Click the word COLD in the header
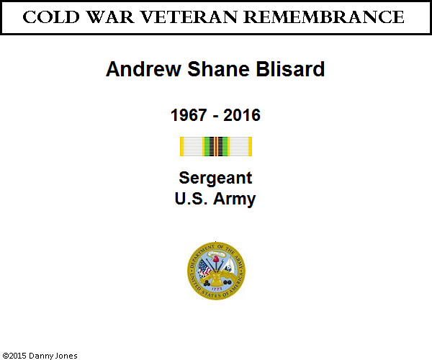point(51,17)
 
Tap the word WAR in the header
point(110,17)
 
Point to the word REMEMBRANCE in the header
point(324,17)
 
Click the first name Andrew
point(143,69)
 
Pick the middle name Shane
point(218,69)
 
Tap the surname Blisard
point(290,69)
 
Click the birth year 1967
point(189,115)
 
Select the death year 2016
point(242,115)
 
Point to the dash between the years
point(215,117)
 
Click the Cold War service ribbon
point(216,147)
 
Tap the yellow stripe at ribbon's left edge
point(182,147)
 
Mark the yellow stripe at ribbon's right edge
point(250,147)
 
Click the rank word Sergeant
point(215,179)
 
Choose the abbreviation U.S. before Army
point(191,198)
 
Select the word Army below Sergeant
point(235,199)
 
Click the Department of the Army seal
point(216,271)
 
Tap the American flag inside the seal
point(204,268)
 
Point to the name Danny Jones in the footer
point(53,356)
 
